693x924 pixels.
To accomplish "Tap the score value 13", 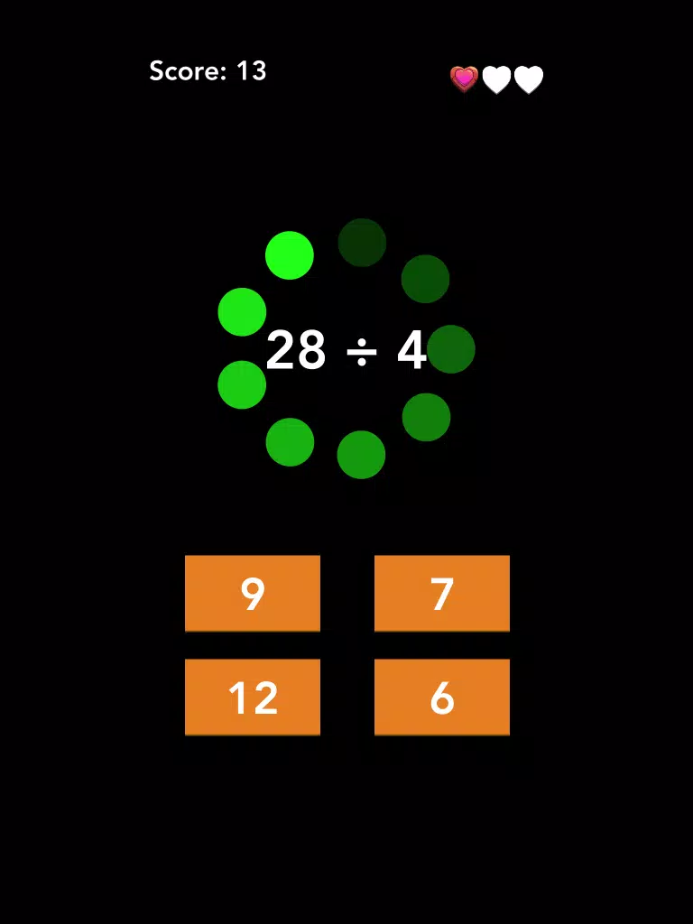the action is [x=252, y=70].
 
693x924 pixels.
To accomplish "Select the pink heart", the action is [x=465, y=79].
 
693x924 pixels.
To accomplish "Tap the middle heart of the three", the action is [x=497, y=79].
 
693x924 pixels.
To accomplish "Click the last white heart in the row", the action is [x=529, y=79].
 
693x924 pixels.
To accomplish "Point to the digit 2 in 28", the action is [x=281, y=350].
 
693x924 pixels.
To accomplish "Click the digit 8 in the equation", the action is [x=311, y=350].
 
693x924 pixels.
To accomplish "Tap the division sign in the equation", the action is [x=362, y=352].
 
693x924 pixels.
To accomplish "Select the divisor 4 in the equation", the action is [x=411, y=350].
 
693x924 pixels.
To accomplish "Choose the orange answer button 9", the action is [x=253, y=593].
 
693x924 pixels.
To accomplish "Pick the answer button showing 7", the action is [x=442, y=593].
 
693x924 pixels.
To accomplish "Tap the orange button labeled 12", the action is [x=253, y=698].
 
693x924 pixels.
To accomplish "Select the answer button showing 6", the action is [x=442, y=698].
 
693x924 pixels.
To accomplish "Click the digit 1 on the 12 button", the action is [x=237, y=698].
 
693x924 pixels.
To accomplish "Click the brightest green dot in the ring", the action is [x=290, y=255].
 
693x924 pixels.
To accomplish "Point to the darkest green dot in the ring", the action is [x=362, y=242].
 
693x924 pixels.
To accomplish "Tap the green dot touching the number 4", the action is [x=451, y=349].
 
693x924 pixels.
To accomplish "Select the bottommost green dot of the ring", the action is [x=361, y=455].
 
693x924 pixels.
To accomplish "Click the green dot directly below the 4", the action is [x=426, y=417].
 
